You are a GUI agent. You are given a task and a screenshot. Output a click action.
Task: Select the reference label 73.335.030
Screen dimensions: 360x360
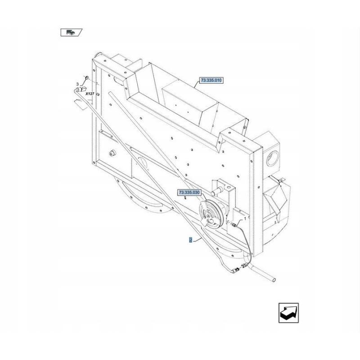click(x=189, y=193)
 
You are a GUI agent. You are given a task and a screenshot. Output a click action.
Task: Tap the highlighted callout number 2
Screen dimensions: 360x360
click(x=191, y=240)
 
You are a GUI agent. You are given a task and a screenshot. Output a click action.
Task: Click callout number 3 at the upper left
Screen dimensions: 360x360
click(x=77, y=84)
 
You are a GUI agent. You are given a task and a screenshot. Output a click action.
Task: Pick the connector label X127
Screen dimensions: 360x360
click(x=90, y=94)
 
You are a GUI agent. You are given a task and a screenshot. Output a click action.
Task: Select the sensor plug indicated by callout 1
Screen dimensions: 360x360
click(x=234, y=223)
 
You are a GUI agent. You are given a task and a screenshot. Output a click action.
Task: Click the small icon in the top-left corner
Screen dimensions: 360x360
click(x=71, y=32)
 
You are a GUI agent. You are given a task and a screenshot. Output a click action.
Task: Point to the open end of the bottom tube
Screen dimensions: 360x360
click(x=274, y=280)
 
